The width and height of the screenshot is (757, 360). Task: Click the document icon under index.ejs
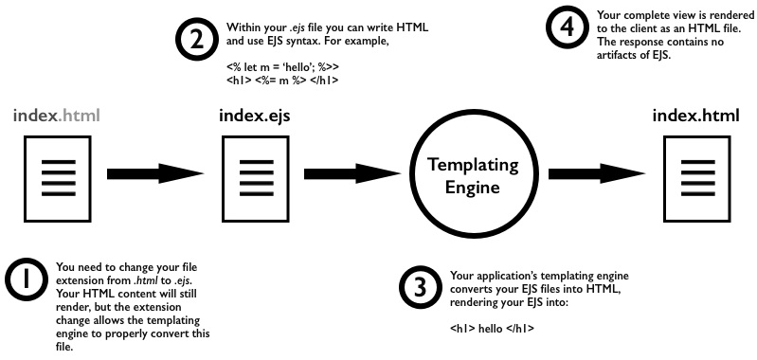tap(252, 174)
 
